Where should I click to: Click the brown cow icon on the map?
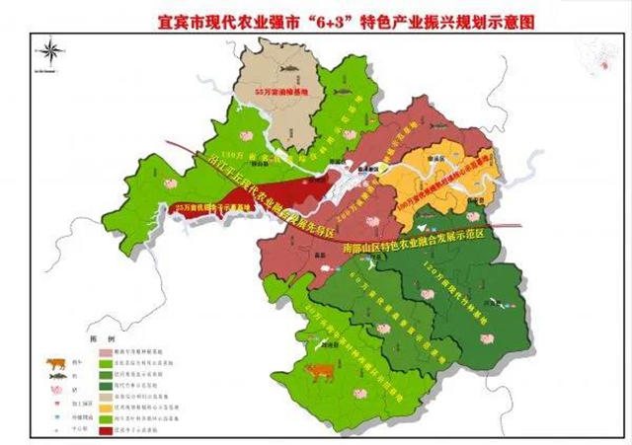click(318, 371)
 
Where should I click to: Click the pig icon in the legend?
click(51, 391)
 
